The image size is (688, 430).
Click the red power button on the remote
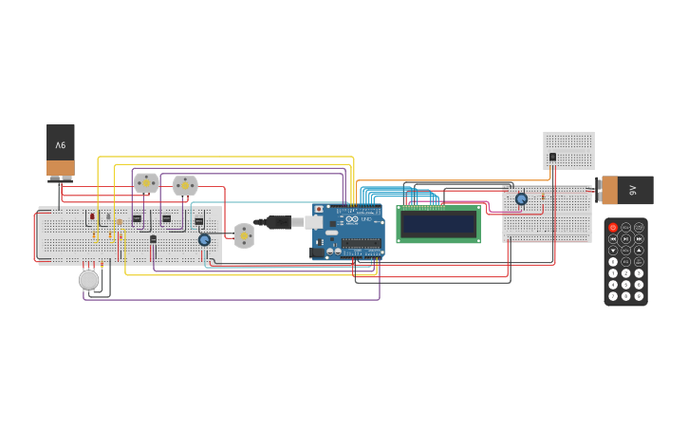click(613, 228)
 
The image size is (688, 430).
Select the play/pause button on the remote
click(625, 239)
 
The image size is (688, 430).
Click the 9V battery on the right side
click(625, 190)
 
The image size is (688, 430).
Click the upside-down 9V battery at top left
click(61, 150)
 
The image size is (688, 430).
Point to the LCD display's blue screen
click(437, 224)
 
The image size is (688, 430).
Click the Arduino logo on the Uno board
click(352, 220)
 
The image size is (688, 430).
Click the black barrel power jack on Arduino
click(317, 252)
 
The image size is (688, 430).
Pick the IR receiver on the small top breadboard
click(552, 158)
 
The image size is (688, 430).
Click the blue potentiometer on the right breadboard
click(521, 199)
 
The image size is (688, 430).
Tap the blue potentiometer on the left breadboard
click(204, 240)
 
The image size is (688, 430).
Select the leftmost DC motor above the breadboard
click(146, 182)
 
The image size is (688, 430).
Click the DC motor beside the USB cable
click(244, 235)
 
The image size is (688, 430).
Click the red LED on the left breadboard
click(92, 216)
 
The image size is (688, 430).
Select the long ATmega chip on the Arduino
click(361, 243)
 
